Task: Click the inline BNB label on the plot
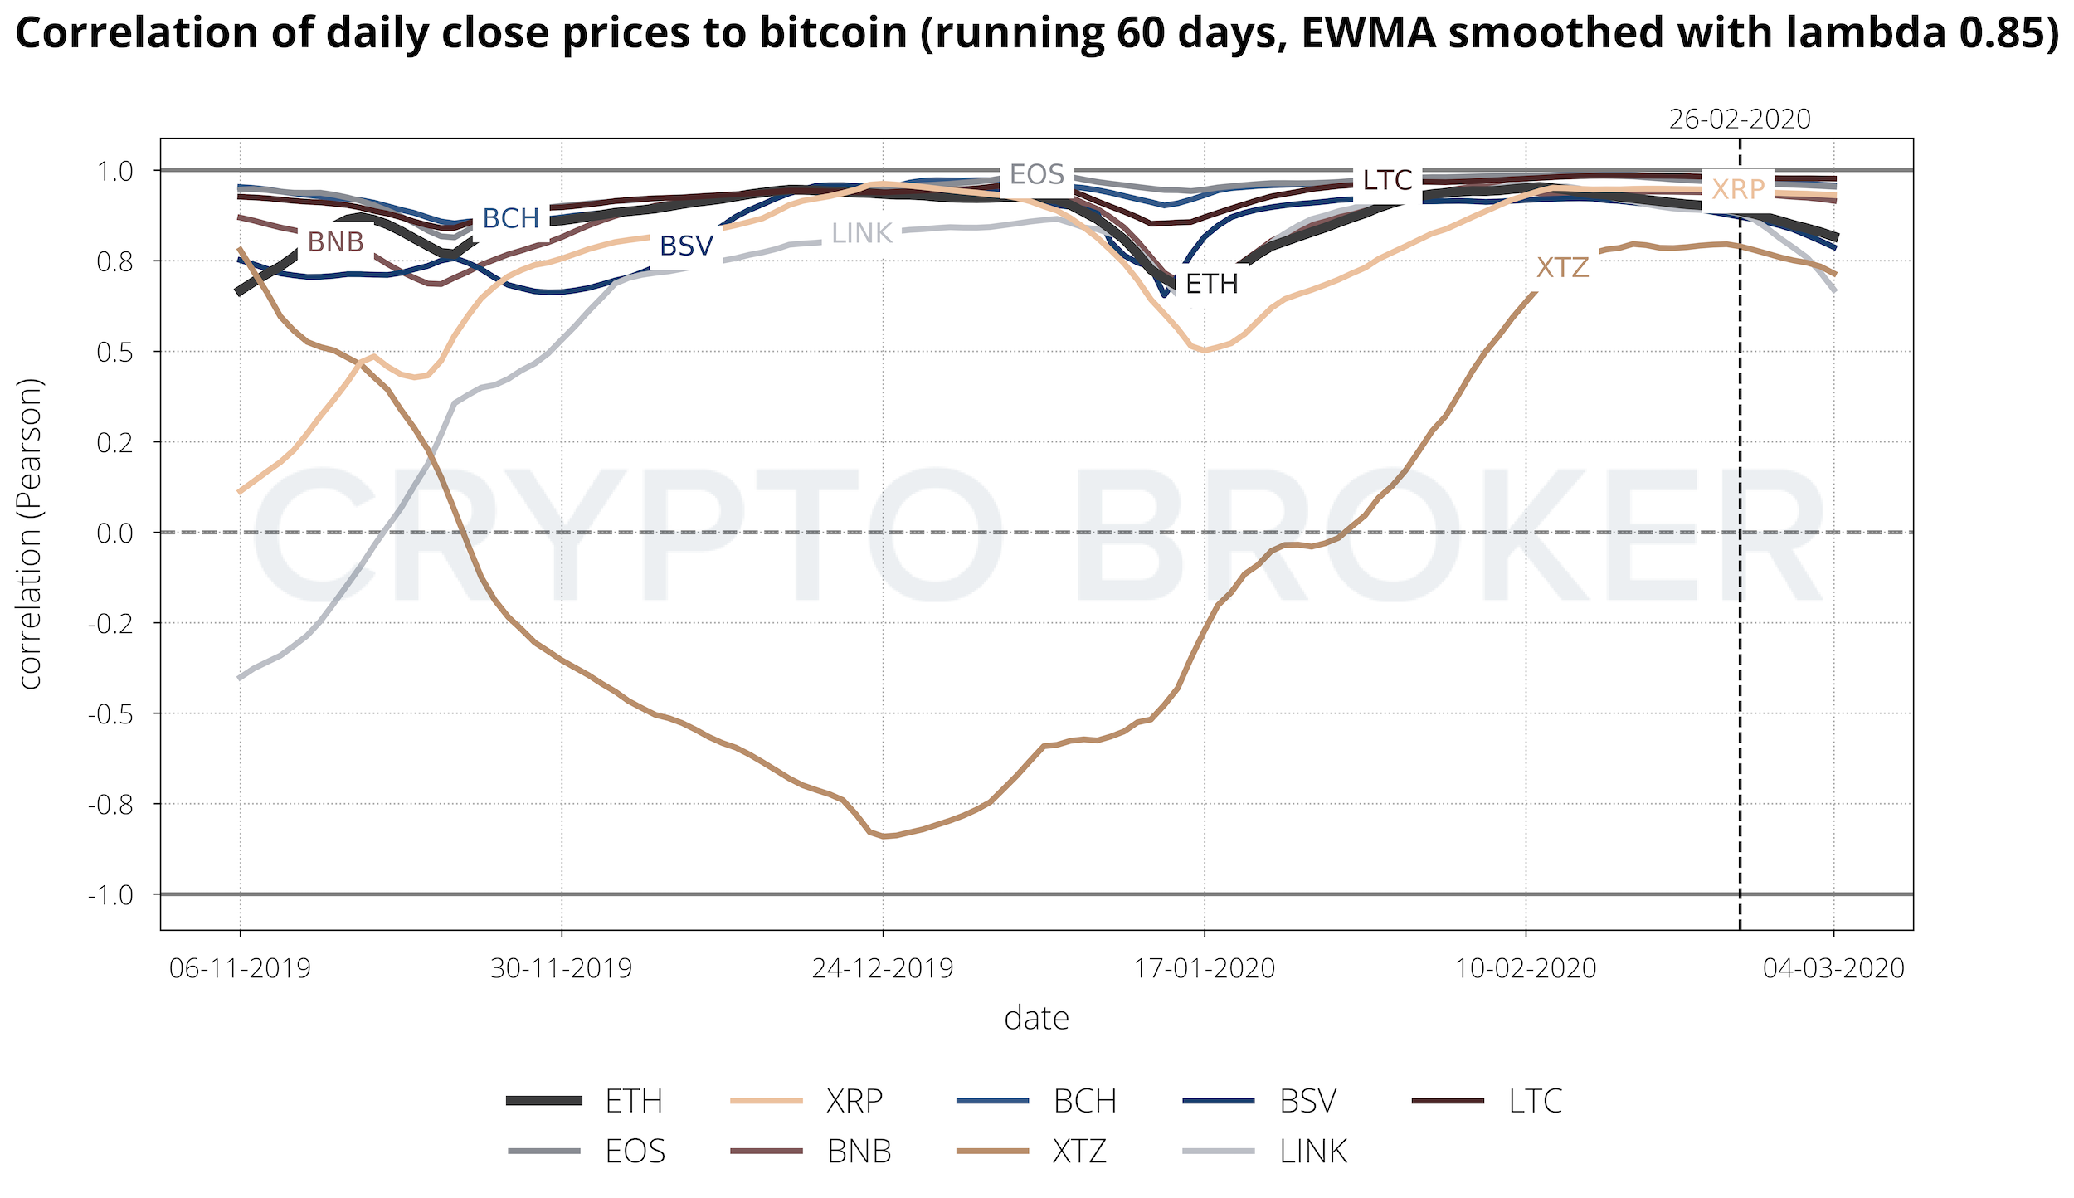click(x=335, y=241)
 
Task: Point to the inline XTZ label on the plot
click(x=1562, y=268)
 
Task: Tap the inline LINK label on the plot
click(x=861, y=234)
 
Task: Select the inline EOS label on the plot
click(x=1036, y=175)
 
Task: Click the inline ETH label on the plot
click(x=1211, y=285)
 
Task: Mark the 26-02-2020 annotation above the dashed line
click(x=1739, y=119)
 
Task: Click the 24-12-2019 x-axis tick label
click(x=883, y=968)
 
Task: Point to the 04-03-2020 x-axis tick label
click(x=1833, y=968)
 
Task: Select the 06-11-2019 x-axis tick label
click(x=240, y=968)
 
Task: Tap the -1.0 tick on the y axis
click(x=110, y=895)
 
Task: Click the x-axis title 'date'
click(x=1036, y=1018)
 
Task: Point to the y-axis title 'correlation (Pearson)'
click(x=30, y=533)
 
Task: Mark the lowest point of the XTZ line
click(x=884, y=836)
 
